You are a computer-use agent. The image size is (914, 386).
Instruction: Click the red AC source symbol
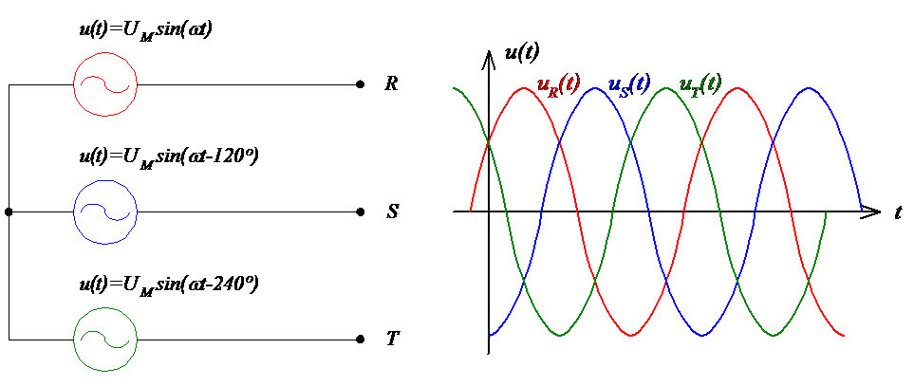105,84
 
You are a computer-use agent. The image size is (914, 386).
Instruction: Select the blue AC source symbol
105,211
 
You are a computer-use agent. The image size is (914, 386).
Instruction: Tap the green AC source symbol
105,338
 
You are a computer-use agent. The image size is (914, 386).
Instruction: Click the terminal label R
390,84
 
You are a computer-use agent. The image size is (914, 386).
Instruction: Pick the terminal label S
391,211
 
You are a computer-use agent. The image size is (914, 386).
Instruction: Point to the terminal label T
391,339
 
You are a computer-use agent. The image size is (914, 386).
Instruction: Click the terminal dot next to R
359,84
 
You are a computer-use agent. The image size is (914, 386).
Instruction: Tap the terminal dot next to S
359,211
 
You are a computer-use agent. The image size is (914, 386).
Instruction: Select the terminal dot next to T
359,339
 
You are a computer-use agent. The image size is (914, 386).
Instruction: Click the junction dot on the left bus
9,211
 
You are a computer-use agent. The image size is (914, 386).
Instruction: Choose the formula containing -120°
169,156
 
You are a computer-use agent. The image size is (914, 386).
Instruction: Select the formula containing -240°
169,283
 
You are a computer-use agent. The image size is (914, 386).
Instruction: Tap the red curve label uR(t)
558,85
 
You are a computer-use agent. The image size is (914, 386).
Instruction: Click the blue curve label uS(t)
627,84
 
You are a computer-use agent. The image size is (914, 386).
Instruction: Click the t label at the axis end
897,212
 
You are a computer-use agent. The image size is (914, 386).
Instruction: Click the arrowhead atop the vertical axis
489,60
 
